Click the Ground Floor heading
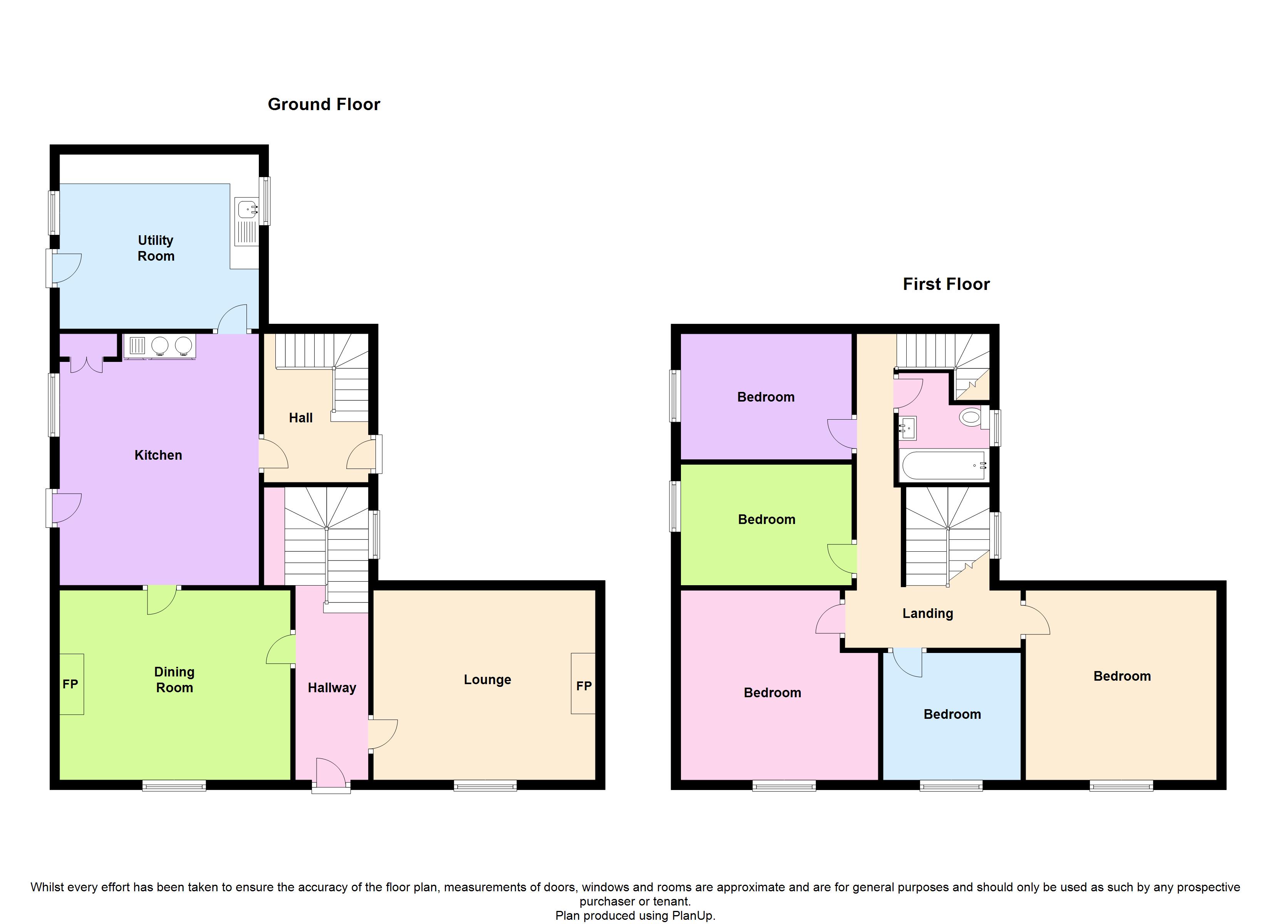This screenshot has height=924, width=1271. (324, 104)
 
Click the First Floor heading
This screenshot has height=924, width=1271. (946, 284)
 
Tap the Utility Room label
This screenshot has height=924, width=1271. (156, 248)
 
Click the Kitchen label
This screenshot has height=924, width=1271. (158, 455)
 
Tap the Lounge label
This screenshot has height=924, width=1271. (487, 680)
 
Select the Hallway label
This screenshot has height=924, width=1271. (332, 688)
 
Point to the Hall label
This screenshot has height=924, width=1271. (301, 417)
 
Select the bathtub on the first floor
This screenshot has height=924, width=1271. (944, 465)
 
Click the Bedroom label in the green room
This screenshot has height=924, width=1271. (766, 519)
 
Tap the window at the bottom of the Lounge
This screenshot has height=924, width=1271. (485, 786)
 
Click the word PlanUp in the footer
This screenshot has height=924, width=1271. (693, 916)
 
